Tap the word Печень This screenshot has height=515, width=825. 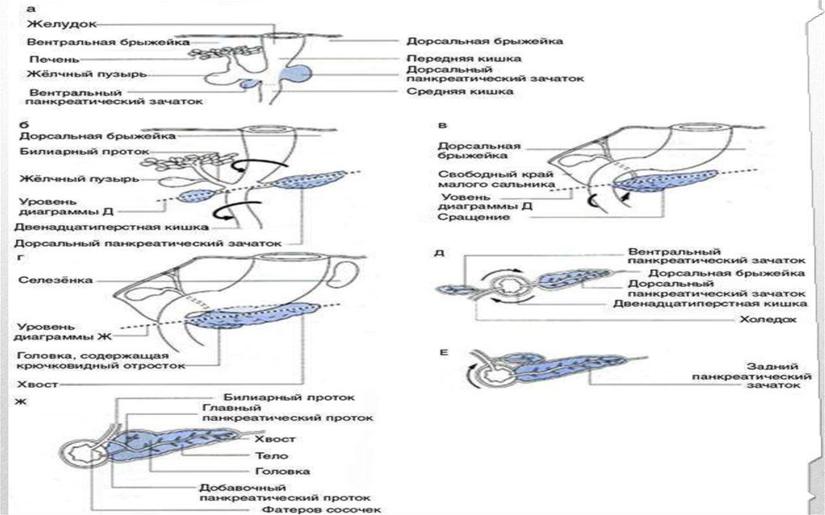coord(52,58)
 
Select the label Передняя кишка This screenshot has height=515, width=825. coord(463,58)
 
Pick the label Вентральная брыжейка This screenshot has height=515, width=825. coord(108,41)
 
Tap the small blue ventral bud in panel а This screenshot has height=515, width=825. coord(251,83)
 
